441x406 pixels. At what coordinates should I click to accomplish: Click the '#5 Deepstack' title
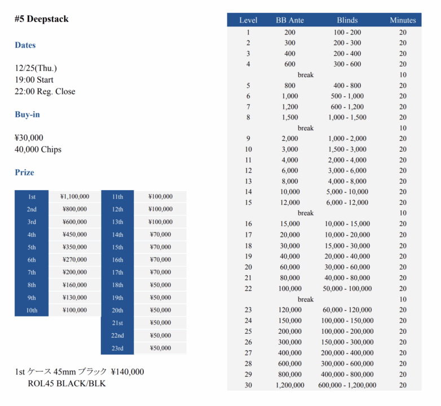pos(42,19)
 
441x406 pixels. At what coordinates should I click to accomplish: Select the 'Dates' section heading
pos(25,45)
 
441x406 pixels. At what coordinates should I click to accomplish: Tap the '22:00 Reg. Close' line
pos(45,91)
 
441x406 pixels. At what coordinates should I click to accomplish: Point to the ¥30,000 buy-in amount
pos(29,138)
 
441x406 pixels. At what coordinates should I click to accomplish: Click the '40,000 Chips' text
pos(38,149)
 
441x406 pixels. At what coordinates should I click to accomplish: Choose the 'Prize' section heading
pos(24,173)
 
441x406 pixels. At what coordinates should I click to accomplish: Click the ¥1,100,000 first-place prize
pos(75,197)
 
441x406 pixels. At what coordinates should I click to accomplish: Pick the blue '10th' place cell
pos(32,310)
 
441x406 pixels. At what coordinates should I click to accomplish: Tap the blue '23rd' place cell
pos(117,348)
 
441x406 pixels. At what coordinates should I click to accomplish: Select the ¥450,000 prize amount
pos(75,235)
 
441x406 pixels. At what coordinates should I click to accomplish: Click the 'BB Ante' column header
pos(290,20)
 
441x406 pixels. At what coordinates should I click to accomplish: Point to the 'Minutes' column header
pos(403,20)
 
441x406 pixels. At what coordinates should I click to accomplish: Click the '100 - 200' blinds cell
pos(347,33)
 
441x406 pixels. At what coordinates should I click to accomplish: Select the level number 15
pos(248,202)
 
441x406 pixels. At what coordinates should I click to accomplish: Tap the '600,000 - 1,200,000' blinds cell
pos(347,385)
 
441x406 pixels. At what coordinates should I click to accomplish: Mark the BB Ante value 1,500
pos(290,117)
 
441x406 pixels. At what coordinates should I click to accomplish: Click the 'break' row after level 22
pos(306,299)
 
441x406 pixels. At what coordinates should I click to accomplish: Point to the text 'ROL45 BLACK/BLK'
pos(67,384)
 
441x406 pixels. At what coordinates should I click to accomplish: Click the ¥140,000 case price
pos(127,372)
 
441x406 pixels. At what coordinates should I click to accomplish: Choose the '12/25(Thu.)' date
pos(36,68)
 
